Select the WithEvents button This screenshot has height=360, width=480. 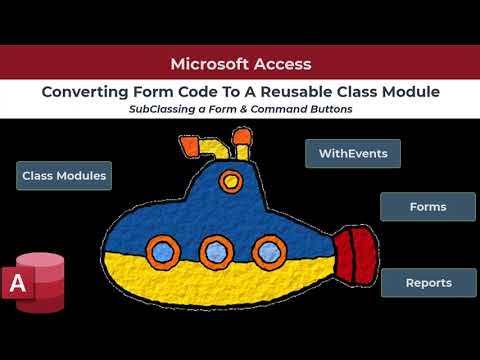click(353, 154)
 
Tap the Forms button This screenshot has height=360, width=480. click(427, 207)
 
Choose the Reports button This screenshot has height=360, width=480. click(427, 283)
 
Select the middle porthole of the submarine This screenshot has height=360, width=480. click(213, 249)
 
